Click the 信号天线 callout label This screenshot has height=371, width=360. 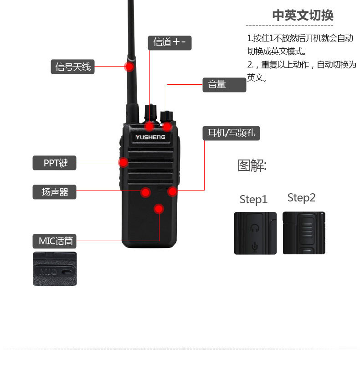[72, 67]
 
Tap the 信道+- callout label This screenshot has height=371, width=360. [170, 43]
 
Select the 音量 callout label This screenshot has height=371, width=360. [224, 85]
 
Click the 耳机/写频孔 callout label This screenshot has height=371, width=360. [231, 133]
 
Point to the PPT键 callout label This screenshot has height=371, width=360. [54, 163]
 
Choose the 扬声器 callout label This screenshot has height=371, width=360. [54, 192]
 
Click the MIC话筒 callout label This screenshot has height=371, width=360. [54, 241]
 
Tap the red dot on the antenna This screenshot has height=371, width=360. [129, 67]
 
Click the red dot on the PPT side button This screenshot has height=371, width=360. [123, 163]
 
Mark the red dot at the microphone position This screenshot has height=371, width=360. [159, 209]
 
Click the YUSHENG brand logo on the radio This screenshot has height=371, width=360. [150, 137]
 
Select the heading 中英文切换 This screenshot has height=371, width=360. [303, 15]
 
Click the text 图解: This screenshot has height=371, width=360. [252, 165]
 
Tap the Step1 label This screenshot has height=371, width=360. [253, 200]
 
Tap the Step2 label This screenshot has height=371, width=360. [301, 198]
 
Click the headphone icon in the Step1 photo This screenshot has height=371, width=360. [255, 228]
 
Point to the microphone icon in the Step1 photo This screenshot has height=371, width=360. [255, 247]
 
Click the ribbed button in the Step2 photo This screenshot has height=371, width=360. [307, 229]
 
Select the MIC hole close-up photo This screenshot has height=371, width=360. [55, 269]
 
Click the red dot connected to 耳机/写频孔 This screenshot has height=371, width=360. [172, 191]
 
